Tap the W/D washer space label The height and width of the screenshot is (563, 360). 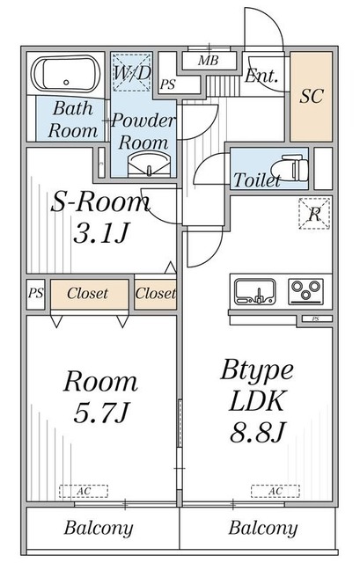tap(132, 73)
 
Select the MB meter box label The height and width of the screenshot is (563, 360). tap(208, 61)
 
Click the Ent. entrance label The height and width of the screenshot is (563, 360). tap(261, 77)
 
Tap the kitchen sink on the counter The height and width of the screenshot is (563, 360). tap(255, 289)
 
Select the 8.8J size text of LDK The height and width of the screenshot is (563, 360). tap(255, 433)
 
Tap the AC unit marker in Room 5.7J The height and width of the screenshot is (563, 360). tap(83, 491)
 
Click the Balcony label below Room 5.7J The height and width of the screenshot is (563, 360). tap(99, 529)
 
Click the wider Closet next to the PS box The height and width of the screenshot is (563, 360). tap(88, 294)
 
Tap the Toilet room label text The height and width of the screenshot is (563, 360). tap(257, 181)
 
